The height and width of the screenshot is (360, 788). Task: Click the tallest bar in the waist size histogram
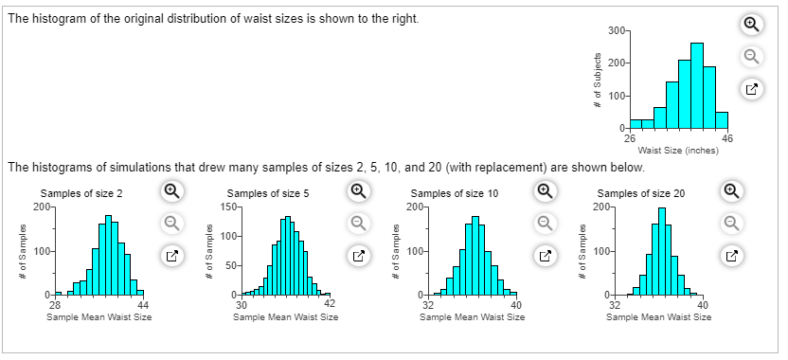coord(697,85)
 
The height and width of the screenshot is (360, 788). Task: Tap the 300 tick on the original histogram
coord(616,31)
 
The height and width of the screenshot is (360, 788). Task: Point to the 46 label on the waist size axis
coord(726,138)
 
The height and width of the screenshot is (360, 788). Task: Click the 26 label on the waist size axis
coord(630,138)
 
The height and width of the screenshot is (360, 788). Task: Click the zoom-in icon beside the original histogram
coord(750,25)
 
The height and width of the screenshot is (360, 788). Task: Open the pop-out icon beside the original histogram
coord(750,89)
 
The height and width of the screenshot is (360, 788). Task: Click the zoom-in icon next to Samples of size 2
coord(170,190)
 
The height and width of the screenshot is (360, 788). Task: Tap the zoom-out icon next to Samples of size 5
coord(356,222)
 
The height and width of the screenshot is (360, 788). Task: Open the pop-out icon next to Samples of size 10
coord(545,254)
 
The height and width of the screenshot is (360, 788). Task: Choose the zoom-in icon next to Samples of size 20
coord(731,190)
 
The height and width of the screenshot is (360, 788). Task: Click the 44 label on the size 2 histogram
coord(143,303)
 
